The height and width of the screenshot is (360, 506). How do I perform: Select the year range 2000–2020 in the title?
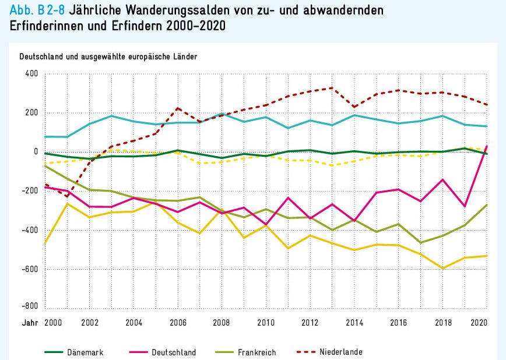[195, 27]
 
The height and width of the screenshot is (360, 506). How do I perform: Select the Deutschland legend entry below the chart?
[173, 352]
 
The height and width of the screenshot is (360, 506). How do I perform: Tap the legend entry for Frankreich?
[256, 352]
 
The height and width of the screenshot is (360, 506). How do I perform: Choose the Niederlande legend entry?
[340, 352]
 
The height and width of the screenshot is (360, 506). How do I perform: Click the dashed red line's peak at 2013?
[332, 88]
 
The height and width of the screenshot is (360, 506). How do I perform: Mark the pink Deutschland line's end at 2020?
[487, 146]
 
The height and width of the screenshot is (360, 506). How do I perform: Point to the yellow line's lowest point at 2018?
[442, 268]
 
